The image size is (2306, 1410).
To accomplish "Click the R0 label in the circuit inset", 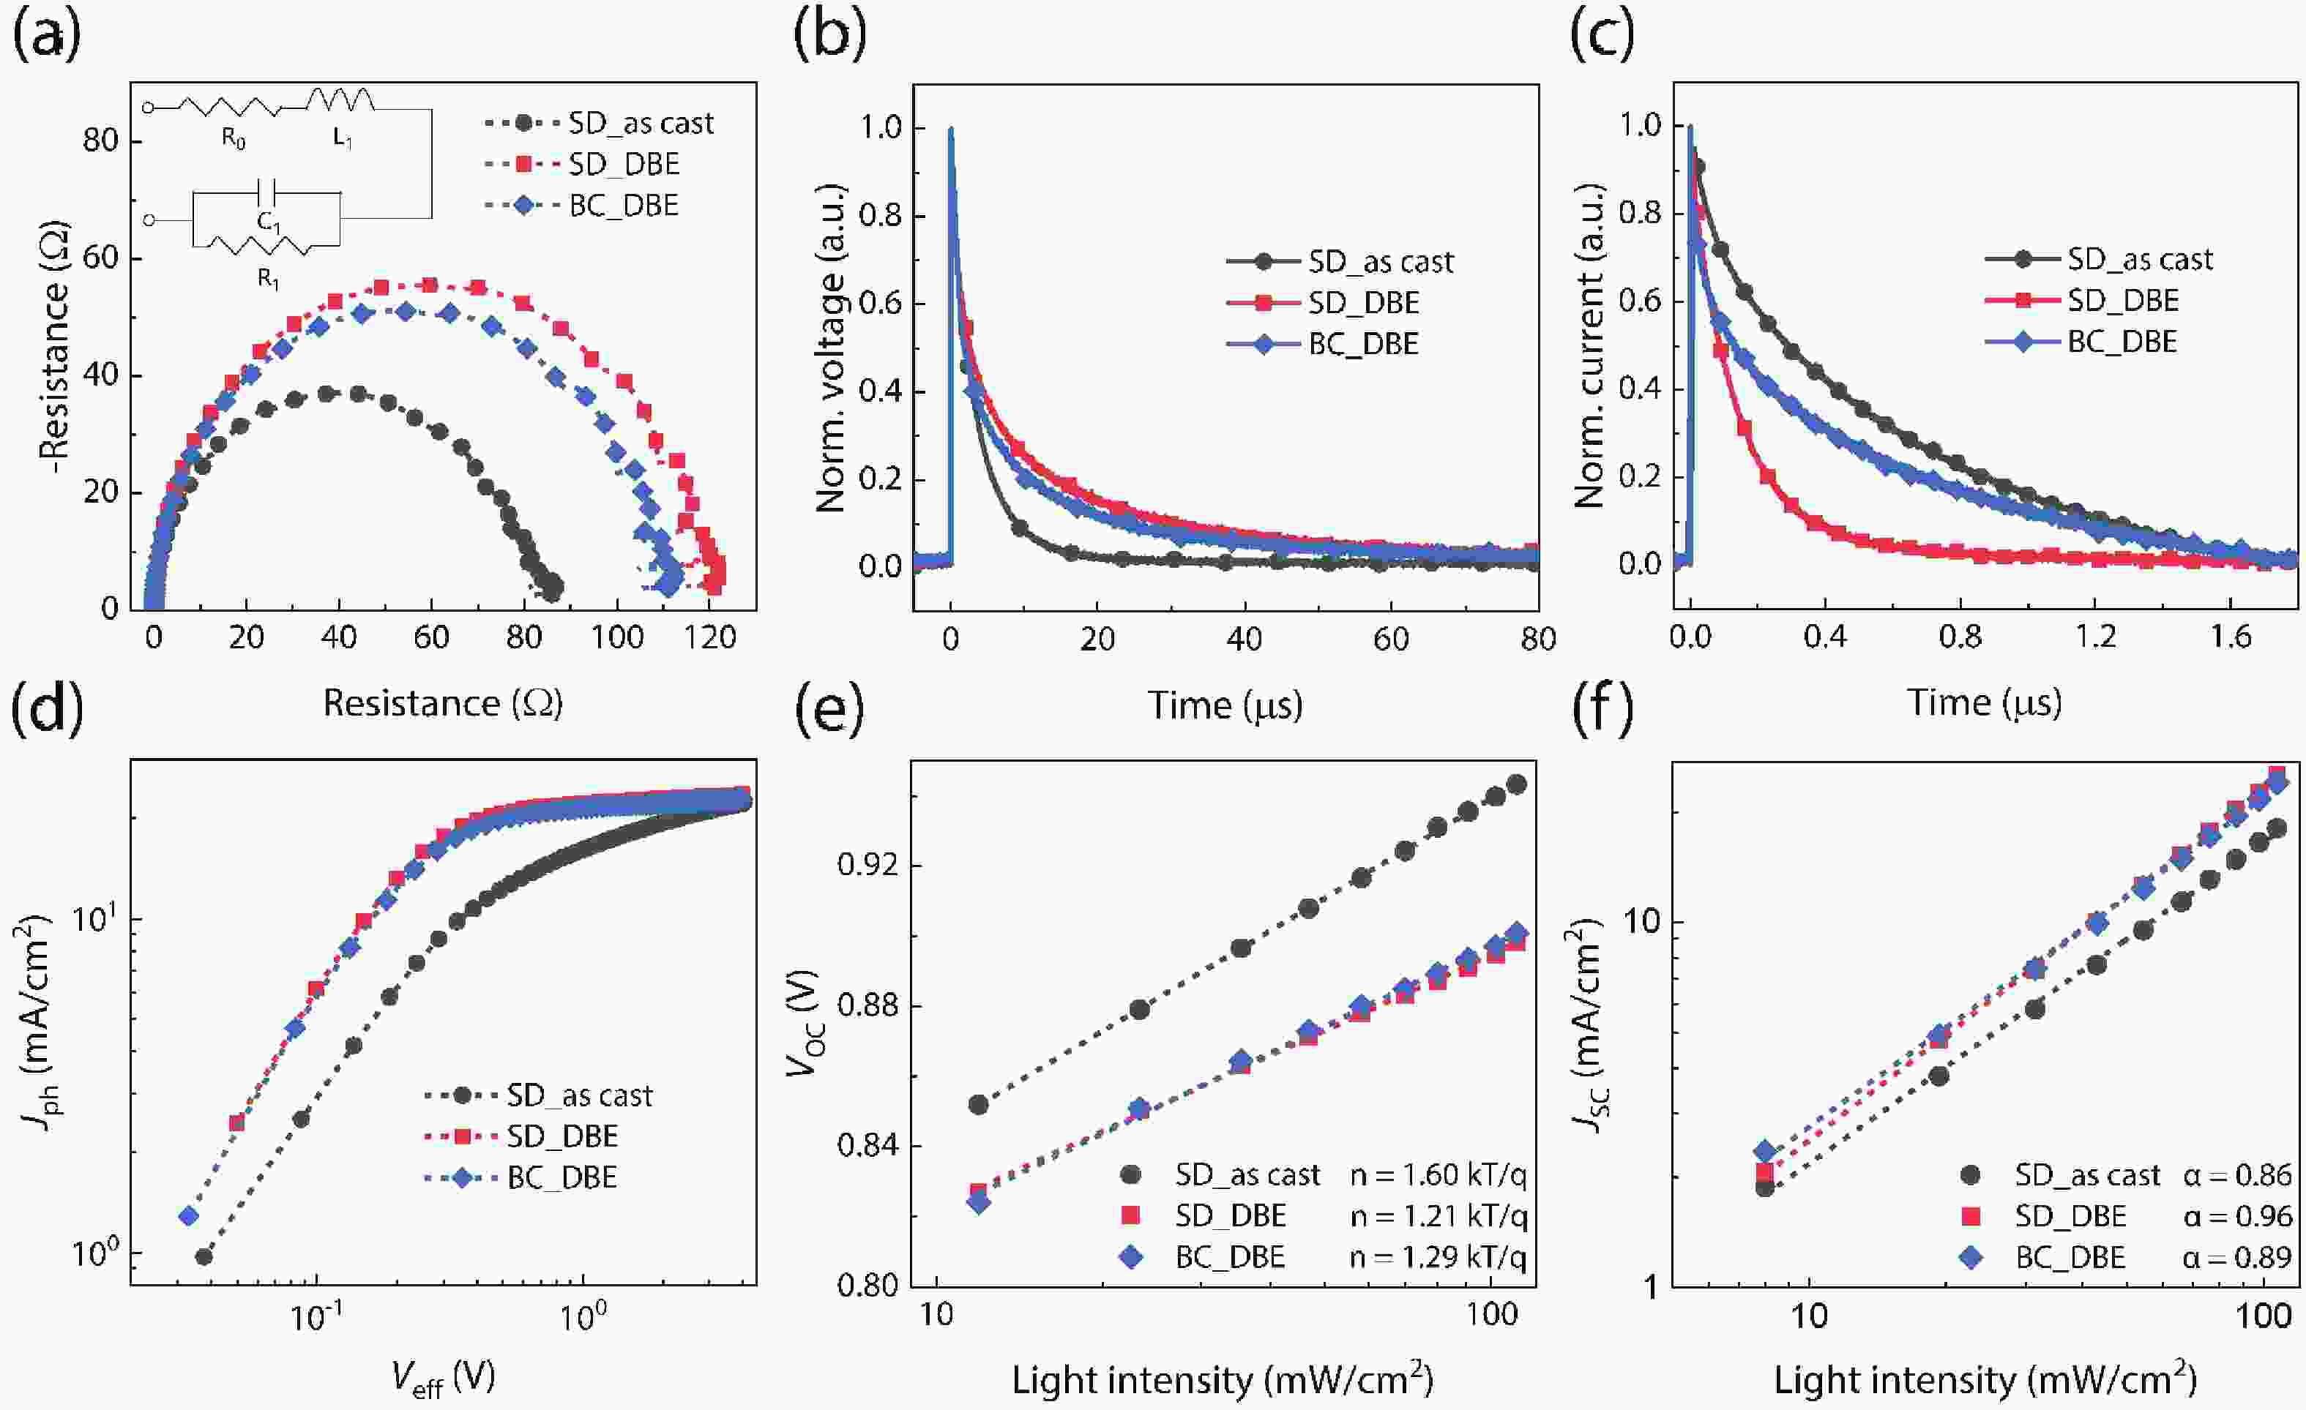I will [x=233, y=140].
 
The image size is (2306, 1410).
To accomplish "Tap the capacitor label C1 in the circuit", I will [x=269, y=222].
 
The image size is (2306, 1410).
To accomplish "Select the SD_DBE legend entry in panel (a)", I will [x=623, y=165].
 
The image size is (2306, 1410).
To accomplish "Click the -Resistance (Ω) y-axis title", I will [x=57, y=346].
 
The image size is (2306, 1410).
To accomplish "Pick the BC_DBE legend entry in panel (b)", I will [x=1362, y=345].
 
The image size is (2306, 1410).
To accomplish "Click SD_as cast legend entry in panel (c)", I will [x=2139, y=259].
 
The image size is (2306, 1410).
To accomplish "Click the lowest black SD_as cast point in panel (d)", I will [x=203, y=1256].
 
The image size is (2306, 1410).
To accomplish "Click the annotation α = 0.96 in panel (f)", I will [x=2236, y=1216].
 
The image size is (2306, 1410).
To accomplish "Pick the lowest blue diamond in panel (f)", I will [x=1765, y=1152].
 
